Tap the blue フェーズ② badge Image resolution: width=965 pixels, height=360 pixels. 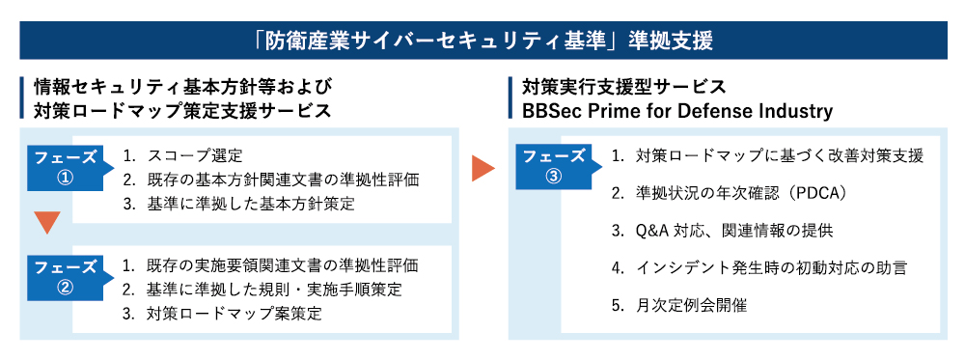coord(66,276)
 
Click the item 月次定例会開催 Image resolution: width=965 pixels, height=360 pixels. coord(691,306)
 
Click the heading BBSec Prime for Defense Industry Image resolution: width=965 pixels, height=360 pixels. coord(676,111)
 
